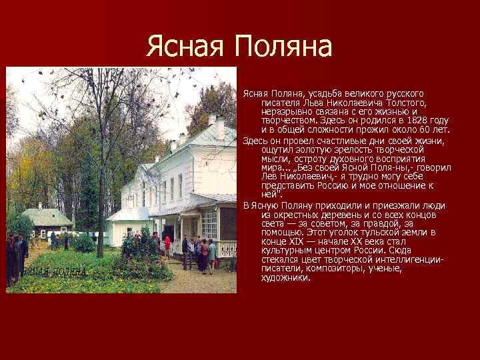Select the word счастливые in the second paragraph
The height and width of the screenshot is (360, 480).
click(345, 140)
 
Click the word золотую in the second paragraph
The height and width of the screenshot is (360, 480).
click(308, 149)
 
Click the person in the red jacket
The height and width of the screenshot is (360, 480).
click(167, 244)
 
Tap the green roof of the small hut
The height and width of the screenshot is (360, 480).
click(47, 217)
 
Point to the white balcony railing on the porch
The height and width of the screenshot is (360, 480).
click(226, 248)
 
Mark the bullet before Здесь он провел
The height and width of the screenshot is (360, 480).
click(245, 141)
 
